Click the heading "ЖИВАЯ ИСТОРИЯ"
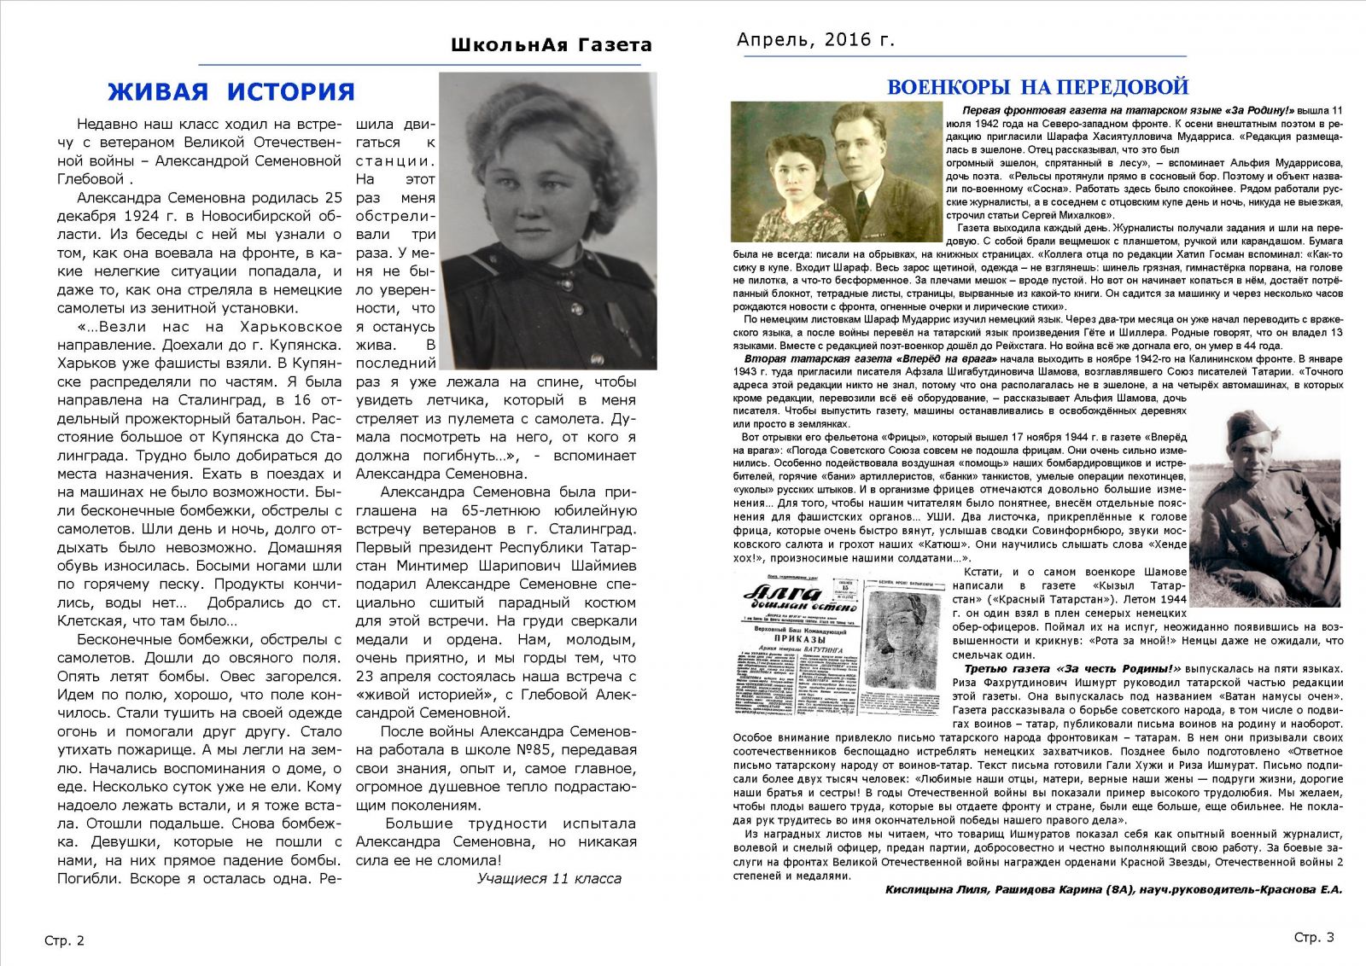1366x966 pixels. tap(231, 91)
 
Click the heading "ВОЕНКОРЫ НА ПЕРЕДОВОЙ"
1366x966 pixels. tap(1037, 87)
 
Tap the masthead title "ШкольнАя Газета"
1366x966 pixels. tap(551, 45)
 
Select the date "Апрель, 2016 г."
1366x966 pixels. tap(815, 39)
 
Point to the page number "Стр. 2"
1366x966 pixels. tap(65, 940)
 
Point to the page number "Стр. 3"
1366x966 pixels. tap(1313, 937)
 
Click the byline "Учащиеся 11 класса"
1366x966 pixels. tap(549, 878)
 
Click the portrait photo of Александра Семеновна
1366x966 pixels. tap(548, 220)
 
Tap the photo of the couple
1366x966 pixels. tap(837, 172)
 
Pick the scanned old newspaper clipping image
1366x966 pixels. tap(841, 646)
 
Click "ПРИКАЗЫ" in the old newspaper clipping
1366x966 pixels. tap(799, 638)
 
